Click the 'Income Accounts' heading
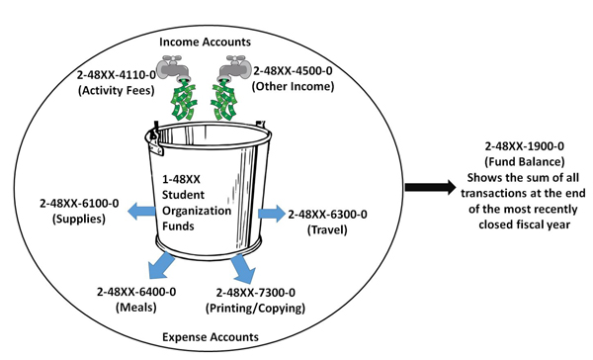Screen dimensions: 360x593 pyautogui.click(x=205, y=42)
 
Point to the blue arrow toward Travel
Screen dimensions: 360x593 pyautogui.click(x=268, y=214)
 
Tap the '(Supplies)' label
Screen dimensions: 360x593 pyautogui.click(x=80, y=219)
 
